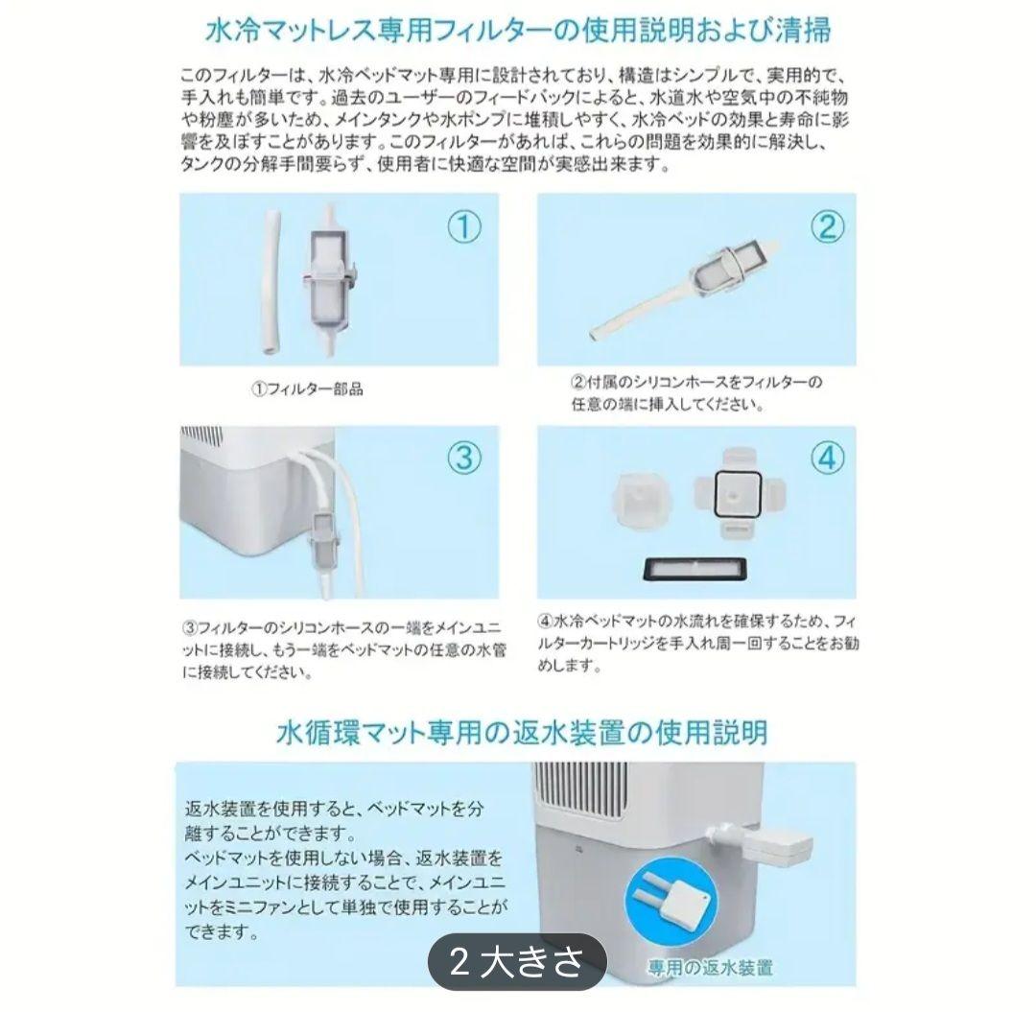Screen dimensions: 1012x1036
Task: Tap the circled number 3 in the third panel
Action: pos(465,459)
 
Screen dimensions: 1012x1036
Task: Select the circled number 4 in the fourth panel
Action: pos(827,459)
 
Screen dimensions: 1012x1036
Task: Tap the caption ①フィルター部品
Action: pos(307,390)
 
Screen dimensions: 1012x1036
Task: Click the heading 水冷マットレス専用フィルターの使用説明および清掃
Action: pos(518,31)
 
